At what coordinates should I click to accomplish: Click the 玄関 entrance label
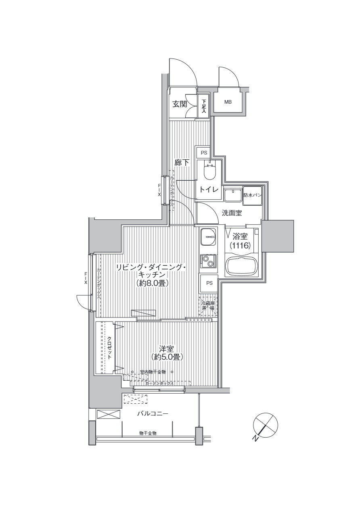tap(180, 104)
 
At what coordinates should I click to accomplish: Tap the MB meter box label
tap(228, 102)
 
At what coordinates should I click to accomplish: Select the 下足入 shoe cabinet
tap(203, 106)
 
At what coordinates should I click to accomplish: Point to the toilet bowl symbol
tap(210, 171)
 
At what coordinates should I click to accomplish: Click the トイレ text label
tap(209, 190)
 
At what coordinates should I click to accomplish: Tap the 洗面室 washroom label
tap(232, 213)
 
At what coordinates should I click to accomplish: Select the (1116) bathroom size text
tap(241, 245)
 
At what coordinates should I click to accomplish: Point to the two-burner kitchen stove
tap(208, 261)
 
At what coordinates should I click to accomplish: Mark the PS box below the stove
tap(209, 283)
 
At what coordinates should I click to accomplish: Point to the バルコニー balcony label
tap(152, 414)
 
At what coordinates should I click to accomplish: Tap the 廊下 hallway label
tap(182, 163)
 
